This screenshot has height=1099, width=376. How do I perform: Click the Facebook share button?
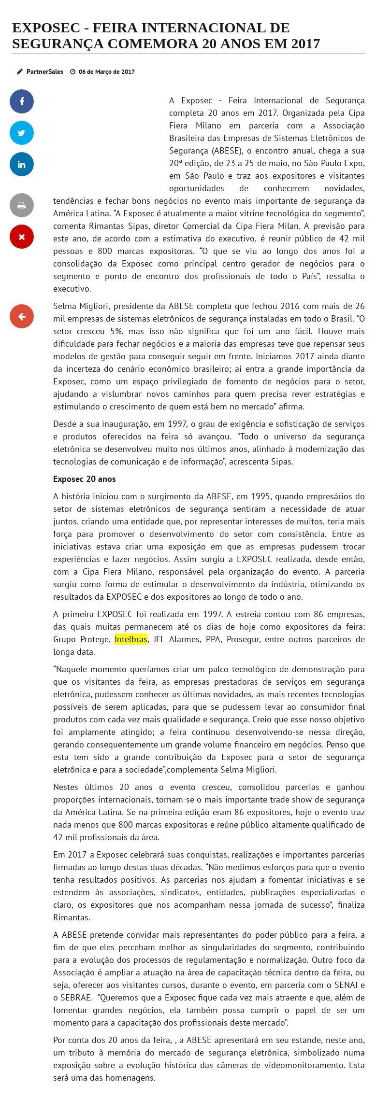point(22,101)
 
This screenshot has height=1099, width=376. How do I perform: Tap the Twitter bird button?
point(22,133)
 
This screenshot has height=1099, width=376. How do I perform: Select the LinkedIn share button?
point(22,164)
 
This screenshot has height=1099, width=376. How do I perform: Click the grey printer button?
point(22,205)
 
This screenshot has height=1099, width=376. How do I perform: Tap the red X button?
point(22,237)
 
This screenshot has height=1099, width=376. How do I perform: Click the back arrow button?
point(22,317)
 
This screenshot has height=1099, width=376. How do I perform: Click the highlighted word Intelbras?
point(130,639)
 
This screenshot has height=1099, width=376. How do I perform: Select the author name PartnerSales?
point(44,71)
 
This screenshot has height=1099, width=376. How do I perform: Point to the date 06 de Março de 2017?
point(106,71)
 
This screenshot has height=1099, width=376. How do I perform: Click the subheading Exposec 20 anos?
point(85,479)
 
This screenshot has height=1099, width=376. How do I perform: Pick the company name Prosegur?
point(243,639)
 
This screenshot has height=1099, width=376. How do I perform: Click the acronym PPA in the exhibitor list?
point(213,639)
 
